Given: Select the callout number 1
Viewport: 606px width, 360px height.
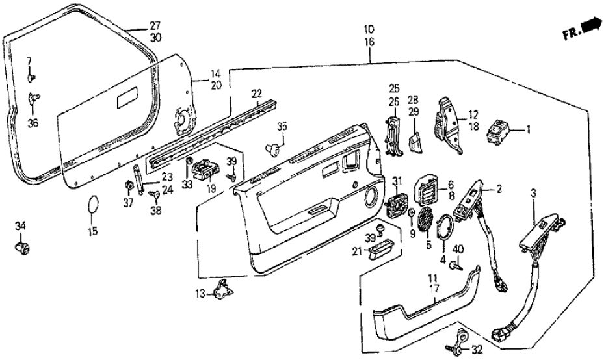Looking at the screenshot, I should [529, 129].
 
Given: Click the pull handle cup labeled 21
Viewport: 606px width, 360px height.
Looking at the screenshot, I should [384, 249].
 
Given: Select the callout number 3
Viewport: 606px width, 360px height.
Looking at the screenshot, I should [534, 194].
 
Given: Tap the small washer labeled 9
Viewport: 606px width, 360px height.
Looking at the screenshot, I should [412, 214].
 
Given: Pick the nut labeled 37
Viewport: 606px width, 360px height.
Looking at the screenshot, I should [128, 188].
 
